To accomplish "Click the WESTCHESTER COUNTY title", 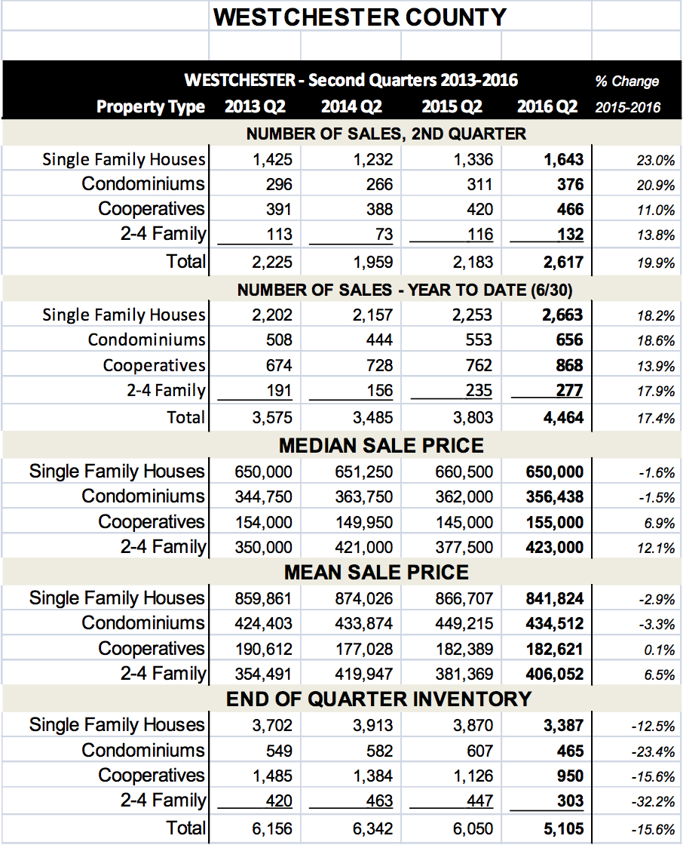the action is [x=360, y=17].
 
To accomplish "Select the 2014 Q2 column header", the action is [x=351, y=106].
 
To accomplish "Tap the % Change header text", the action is [x=627, y=81].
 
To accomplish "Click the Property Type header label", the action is [x=151, y=106].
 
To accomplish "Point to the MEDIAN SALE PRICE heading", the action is [x=381, y=446].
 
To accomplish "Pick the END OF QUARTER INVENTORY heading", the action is [x=378, y=699].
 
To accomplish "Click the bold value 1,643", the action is [x=563, y=159].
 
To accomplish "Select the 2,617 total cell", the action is [x=563, y=263].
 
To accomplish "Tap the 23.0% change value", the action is [x=656, y=160].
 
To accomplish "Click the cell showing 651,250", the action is [x=363, y=472].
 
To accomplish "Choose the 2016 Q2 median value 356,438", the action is [x=555, y=497].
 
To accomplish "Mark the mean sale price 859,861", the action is [x=263, y=599].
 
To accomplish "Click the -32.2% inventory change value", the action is [x=653, y=802].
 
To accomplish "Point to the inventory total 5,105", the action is [x=563, y=829].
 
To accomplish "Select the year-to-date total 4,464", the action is [x=563, y=418].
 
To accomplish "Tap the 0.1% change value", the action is [x=660, y=650].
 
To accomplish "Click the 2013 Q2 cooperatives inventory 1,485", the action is [x=273, y=776].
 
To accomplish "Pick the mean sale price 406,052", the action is [x=555, y=674].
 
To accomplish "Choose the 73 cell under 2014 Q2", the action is [x=382, y=235].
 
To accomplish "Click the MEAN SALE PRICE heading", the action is [x=376, y=573].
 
